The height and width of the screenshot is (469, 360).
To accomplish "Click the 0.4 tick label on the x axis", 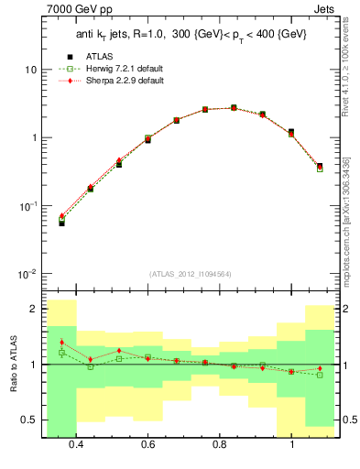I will tap(76, 444).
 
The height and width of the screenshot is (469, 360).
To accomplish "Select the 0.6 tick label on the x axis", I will tap(147, 444).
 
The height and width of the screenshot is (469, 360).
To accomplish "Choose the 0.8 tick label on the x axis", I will tap(220, 444).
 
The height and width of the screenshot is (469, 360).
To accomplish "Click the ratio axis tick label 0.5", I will tap(27, 420).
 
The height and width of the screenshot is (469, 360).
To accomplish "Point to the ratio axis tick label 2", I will tap(32, 310).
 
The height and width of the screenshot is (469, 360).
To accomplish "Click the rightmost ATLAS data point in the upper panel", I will tap(319, 166).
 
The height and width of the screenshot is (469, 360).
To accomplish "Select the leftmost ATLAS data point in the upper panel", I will tap(61, 223).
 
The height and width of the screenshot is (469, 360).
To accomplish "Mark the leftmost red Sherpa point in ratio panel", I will tap(61, 343).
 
